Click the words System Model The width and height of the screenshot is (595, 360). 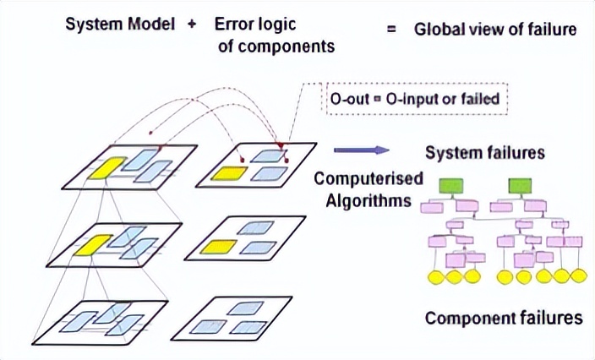point(121,25)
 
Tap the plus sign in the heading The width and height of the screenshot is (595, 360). point(192,25)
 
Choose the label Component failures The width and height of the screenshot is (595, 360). point(504,319)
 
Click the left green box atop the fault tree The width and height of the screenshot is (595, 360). point(449,184)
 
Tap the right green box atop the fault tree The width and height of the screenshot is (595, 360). point(521,184)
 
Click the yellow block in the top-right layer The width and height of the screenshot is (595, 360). point(231,174)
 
